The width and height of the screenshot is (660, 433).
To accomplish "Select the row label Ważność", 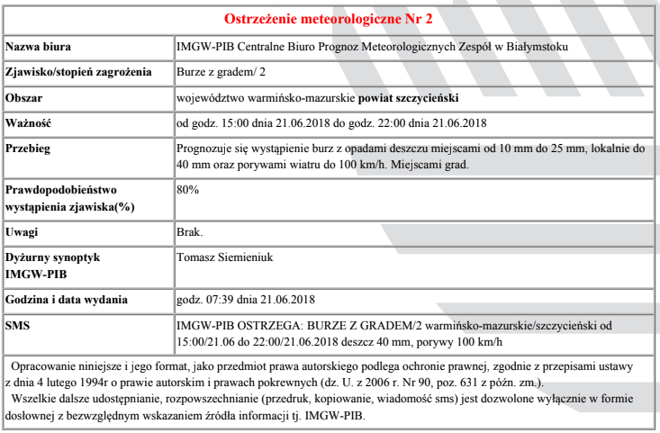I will tap(30, 122).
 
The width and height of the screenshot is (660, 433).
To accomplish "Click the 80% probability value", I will tap(187, 191).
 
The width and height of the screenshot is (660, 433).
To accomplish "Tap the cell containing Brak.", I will tap(191, 232).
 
